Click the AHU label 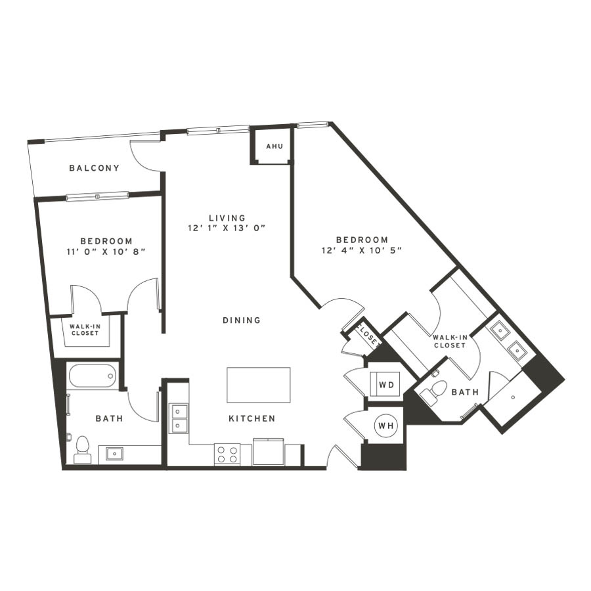point(274,146)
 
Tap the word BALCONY point(94,168)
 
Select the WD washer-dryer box point(386,384)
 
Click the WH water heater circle point(385,426)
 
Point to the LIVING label point(227,218)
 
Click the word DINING point(242,320)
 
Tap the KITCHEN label point(252,418)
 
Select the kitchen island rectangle point(259,385)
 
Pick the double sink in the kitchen point(179,418)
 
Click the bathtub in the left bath point(93,376)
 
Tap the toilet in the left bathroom point(82,450)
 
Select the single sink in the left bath point(114,453)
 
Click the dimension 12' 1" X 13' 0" point(227,228)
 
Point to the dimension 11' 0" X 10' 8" point(106,252)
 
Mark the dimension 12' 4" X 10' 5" point(362,250)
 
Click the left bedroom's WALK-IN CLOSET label point(85,330)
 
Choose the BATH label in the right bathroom point(465,393)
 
